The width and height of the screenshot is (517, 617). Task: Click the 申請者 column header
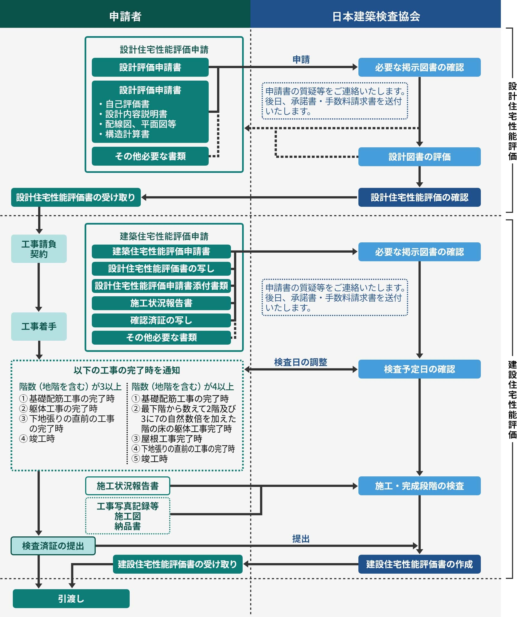[125, 16]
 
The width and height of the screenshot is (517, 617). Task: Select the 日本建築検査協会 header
[376, 16]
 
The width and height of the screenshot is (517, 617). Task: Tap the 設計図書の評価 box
[419, 156]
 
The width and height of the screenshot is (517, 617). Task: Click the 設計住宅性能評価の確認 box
[419, 197]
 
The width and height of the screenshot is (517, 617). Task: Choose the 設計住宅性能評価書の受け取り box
[76, 197]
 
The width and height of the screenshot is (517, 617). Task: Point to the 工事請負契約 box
[39, 248]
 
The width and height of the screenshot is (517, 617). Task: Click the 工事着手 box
[39, 326]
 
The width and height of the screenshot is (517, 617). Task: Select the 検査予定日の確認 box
[419, 369]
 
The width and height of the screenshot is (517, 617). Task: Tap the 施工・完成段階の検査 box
[419, 486]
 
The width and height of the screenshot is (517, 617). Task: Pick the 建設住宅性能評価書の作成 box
[419, 564]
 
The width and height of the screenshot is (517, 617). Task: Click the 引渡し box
[71, 598]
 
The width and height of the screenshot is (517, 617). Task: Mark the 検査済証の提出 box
[53, 546]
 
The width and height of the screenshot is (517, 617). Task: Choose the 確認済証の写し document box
[161, 320]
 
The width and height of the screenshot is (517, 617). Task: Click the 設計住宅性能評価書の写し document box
[161, 268]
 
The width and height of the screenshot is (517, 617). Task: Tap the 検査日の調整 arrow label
[300, 362]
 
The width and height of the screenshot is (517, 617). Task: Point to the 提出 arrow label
[301, 539]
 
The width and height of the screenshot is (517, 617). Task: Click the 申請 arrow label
[301, 60]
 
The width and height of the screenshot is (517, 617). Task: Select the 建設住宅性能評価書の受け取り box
[177, 564]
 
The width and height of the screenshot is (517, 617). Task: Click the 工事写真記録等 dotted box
[128, 516]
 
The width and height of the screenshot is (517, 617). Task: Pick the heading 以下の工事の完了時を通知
[127, 370]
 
